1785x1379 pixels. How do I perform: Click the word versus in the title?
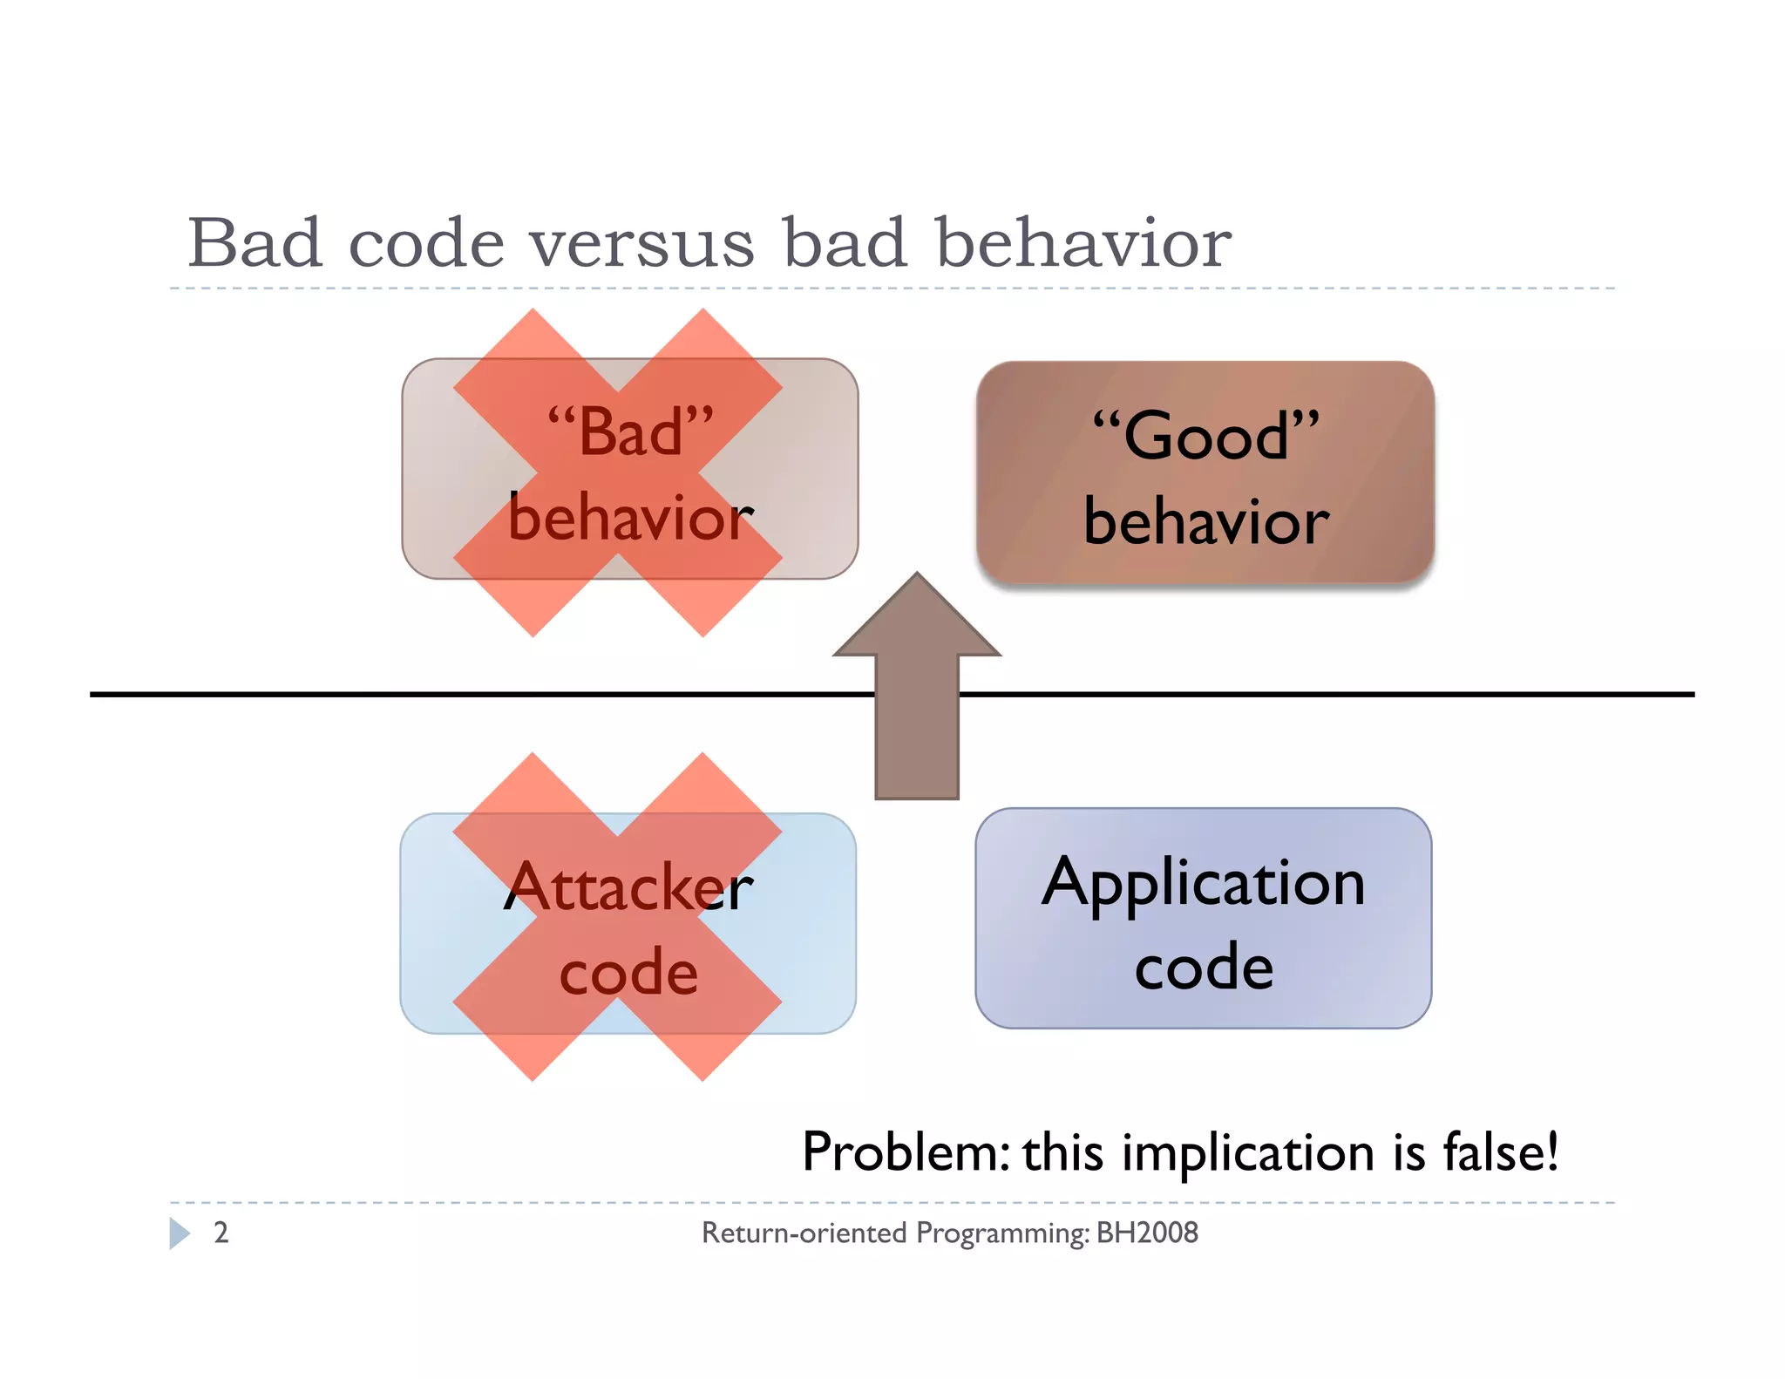(642, 244)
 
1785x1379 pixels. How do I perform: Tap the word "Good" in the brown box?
(1205, 435)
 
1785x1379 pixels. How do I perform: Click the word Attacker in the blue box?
(628, 887)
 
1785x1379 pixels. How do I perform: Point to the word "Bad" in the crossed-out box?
(630, 431)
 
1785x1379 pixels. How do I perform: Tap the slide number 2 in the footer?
(221, 1233)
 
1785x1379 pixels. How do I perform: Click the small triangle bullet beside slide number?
(180, 1233)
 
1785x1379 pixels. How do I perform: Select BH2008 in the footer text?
(1147, 1233)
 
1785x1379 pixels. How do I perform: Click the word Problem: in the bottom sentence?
(906, 1152)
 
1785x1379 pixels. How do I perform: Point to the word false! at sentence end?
(1501, 1152)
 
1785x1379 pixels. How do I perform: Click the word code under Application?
(1204, 968)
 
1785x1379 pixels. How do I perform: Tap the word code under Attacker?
(628, 973)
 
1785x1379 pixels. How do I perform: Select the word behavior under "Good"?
(1205, 521)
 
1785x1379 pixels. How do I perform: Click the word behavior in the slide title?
(1083, 244)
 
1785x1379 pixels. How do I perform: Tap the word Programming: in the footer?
(1002, 1233)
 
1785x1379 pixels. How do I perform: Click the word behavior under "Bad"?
(630, 518)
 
